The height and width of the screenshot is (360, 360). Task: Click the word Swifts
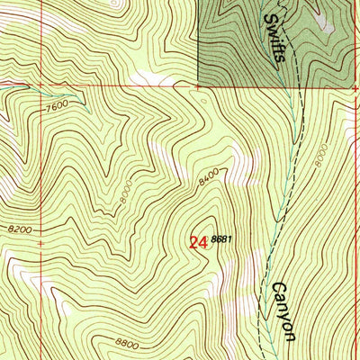(277, 39)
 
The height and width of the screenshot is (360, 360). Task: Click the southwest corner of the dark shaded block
(198, 85)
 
